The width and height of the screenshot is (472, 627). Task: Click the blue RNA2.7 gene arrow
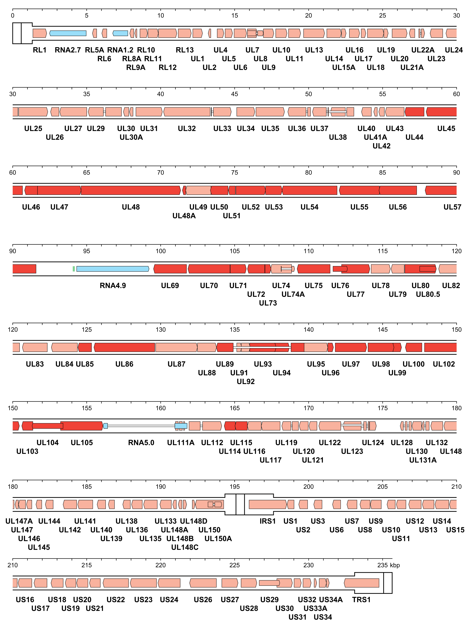tap(68, 33)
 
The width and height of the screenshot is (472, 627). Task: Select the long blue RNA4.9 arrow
tap(113, 269)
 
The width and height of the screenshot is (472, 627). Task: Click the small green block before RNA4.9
tap(74, 269)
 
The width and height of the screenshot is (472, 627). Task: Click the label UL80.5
tap(428, 294)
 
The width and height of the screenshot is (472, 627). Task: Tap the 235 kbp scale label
tap(388, 565)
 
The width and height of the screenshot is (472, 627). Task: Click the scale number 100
tap(161, 251)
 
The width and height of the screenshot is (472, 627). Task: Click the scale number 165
tap(234, 408)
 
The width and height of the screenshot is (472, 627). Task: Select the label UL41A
tap(375, 137)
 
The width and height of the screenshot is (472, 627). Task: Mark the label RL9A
tap(136, 67)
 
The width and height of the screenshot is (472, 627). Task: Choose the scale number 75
tap(234, 173)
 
